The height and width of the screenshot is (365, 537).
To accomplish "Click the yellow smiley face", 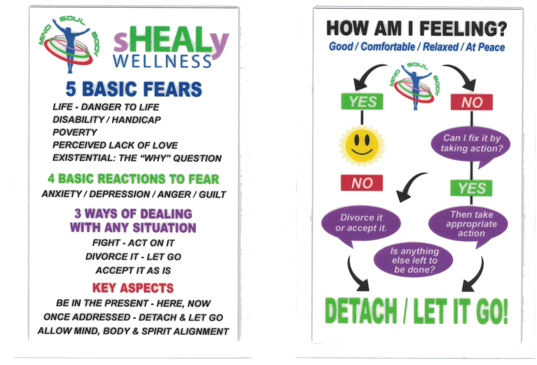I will point(362,145).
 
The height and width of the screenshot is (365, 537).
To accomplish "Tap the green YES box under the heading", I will point(362,102).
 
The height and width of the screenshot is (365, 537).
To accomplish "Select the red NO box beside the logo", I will point(472,102).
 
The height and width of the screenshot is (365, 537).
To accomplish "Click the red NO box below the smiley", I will point(362,183).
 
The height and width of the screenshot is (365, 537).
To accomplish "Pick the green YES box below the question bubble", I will point(471,188).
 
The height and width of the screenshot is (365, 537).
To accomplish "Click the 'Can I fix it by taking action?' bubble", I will point(470,144).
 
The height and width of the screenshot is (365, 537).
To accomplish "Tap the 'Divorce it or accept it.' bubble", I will point(361,223).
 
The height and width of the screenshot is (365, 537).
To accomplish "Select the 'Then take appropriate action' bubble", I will point(469,224).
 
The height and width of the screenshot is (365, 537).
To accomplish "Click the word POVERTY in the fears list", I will point(75,132).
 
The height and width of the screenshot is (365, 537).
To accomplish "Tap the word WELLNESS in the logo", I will point(162,61).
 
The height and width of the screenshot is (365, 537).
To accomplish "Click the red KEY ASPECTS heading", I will point(133,288).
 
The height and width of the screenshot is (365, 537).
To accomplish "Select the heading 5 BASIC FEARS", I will point(134,89).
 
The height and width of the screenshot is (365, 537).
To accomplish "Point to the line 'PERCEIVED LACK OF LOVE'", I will point(115,145).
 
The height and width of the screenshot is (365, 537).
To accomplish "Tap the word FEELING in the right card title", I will point(463,29).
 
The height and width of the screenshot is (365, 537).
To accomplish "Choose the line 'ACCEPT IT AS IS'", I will point(133,270).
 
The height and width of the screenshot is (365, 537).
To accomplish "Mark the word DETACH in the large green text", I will point(361,311).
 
